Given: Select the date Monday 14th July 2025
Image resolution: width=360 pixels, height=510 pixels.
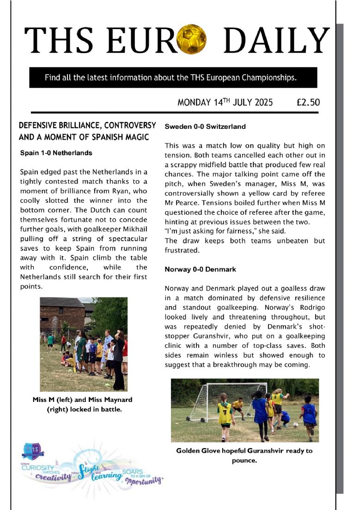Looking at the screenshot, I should [x=225, y=102].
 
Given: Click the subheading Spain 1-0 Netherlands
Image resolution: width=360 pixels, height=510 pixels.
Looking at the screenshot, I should [x=56, y=152].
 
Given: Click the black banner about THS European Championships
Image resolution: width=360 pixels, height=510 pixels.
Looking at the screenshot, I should [x=173, y=78].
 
